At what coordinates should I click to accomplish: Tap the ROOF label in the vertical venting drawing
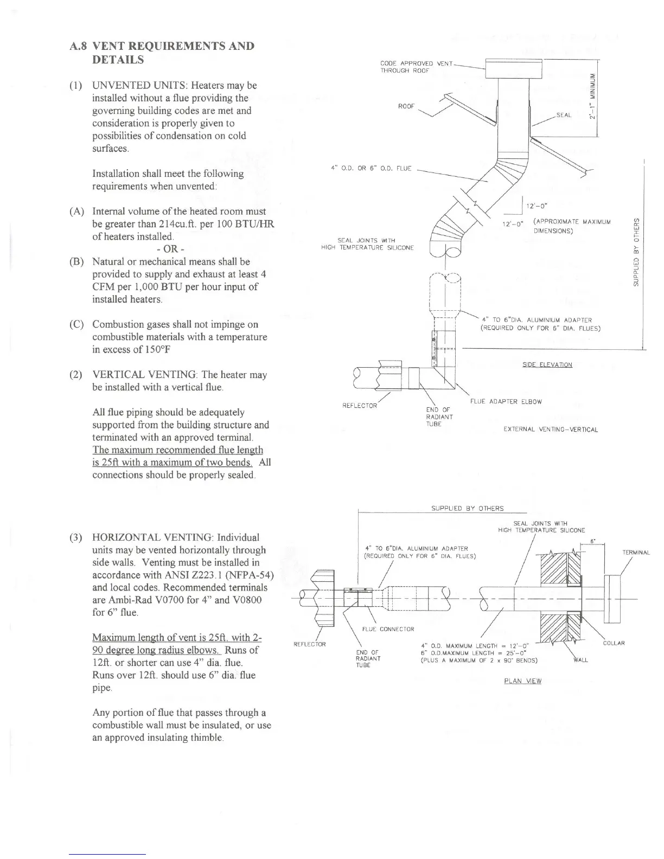406,106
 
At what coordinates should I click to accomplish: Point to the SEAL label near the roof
564,116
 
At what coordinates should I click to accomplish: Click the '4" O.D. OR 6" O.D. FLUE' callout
371,168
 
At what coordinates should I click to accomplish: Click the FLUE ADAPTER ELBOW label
506,402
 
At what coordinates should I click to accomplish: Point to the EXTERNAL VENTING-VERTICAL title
551,429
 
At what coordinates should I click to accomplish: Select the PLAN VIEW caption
522,681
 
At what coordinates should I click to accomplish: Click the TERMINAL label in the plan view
636,553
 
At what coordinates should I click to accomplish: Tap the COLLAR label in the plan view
614,643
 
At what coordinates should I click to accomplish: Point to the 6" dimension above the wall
593,541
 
